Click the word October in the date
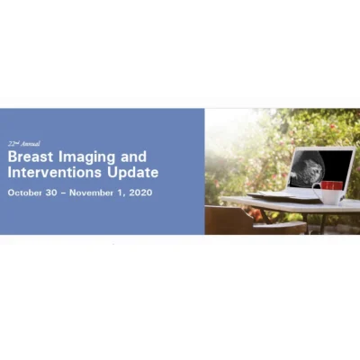27,192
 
